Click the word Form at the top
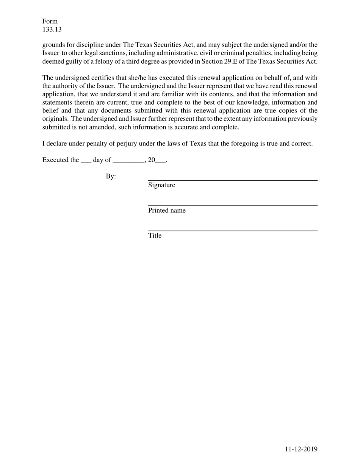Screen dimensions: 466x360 pyautogui.click(x=50, y=21)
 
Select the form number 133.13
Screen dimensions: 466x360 pyautogui.click(x=52, y=30)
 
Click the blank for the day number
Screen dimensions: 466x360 pyautogui.click(x=86, y=161)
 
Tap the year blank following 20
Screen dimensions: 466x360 pyautogui.click(x=161, y=161)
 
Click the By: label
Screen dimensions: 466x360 pyautogui.click(x=111, y=177)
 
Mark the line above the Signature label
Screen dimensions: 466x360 pyautogui.click(x=232, y=180)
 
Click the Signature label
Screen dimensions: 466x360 pyautogui.click(x=161, y=185)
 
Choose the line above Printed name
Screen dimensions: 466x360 pyautogui.click(x=232, y=206)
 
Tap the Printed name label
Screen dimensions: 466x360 pyautogui.click(x=167, y=211)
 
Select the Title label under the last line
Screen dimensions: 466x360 pyautogui.click(x=155, y=236)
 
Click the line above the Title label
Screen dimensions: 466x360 pyautogui.click(x=232, y=231)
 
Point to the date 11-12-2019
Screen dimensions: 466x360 pyautogui.click(x=301, y=449)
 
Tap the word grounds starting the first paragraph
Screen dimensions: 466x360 pyautogui.click(x=53, y=45)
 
